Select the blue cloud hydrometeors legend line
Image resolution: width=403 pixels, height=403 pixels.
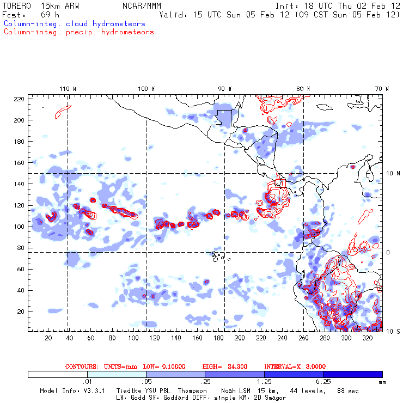74,24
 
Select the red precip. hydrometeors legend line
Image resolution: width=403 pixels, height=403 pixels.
78,32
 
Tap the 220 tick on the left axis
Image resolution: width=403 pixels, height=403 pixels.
20,99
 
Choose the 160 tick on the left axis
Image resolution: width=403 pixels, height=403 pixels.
20,162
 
